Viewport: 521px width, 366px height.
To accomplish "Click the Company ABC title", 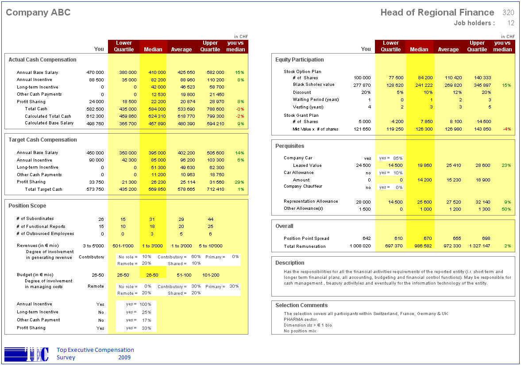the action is click(38, 13).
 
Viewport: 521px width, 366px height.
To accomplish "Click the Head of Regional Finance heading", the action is click(437, 13).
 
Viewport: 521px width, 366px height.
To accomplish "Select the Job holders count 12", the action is click(511, 23).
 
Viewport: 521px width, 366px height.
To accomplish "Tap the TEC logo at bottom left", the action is click(27, 354).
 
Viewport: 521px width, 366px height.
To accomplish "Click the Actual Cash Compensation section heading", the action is click(42, 60).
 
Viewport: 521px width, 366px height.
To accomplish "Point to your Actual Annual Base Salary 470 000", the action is click(95, 73).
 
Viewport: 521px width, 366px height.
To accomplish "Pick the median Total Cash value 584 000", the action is click(157, 109).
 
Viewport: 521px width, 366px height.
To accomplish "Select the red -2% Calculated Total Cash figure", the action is click(240, 116).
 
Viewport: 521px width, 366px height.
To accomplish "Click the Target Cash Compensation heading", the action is click(42, 140).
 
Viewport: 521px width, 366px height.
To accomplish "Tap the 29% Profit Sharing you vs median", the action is click(239, 182).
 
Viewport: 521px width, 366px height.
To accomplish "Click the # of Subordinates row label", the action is click(35, 219).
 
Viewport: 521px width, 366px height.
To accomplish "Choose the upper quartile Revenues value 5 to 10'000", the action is click(211, 246).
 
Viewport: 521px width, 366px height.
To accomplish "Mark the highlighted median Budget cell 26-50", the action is click(152, 275).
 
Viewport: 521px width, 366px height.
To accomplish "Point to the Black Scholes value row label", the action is click(314, 85).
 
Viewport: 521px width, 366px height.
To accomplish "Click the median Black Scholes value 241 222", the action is click(424, 85).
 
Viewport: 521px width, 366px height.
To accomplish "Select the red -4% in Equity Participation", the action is click(507, 129).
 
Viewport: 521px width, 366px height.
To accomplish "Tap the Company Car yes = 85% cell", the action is click(391, 158).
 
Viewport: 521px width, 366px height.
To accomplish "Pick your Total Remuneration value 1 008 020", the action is click(360, 246).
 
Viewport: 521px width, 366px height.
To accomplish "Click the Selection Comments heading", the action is click(301, 305).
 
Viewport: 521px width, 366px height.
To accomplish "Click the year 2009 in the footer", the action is click(124, 357).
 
